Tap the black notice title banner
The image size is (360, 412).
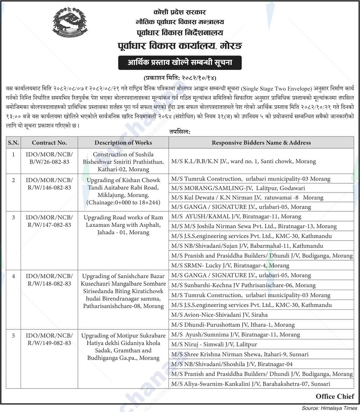[180, 63]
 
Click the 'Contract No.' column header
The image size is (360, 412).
[49, 142]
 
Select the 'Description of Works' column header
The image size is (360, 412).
[123, 142]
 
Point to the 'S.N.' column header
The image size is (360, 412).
[13, 142]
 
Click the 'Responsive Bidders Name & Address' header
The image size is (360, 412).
[261, 142]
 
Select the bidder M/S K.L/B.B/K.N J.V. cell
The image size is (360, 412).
[243, 161]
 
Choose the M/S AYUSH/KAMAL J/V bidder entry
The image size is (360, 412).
[236, 216]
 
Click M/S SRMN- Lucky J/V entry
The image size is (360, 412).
[230, 265]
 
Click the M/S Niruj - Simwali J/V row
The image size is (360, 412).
[214, 344]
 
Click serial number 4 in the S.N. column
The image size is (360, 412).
[13, 276]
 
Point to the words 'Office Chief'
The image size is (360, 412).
[335, 396]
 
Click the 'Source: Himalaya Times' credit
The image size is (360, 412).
[329, 408]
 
